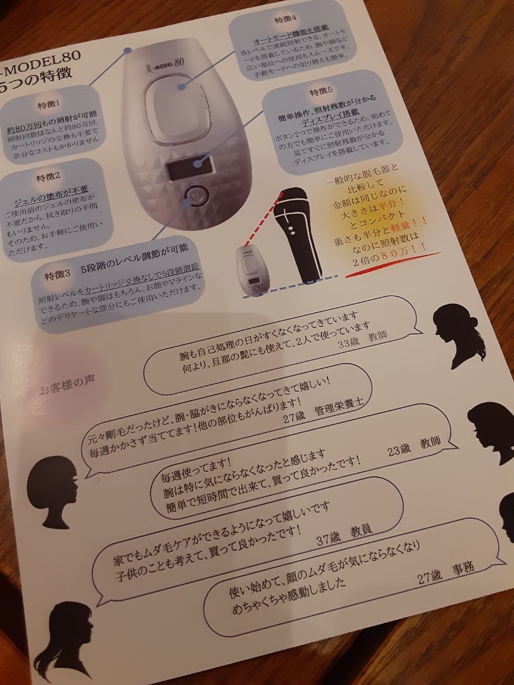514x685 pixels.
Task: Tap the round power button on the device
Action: (x=196, y=195)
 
